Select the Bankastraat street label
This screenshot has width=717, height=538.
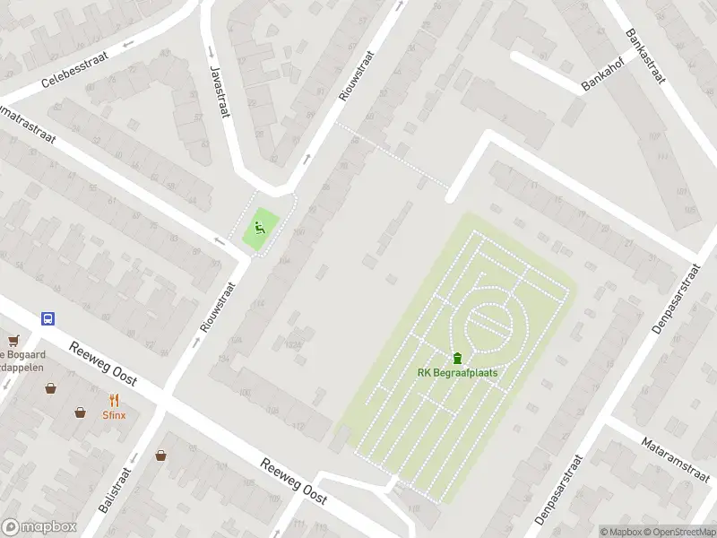tap(645, 56)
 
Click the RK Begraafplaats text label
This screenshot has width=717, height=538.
tap(457, 373)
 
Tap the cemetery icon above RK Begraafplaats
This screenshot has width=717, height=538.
tap(457, 358)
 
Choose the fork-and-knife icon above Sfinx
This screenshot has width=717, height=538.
tap(113, 400)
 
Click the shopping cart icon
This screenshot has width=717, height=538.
tap(13, 340)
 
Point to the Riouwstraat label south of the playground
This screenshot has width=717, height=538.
tap(219, 307)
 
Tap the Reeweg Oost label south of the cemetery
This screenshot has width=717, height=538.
tap(292, 479)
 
